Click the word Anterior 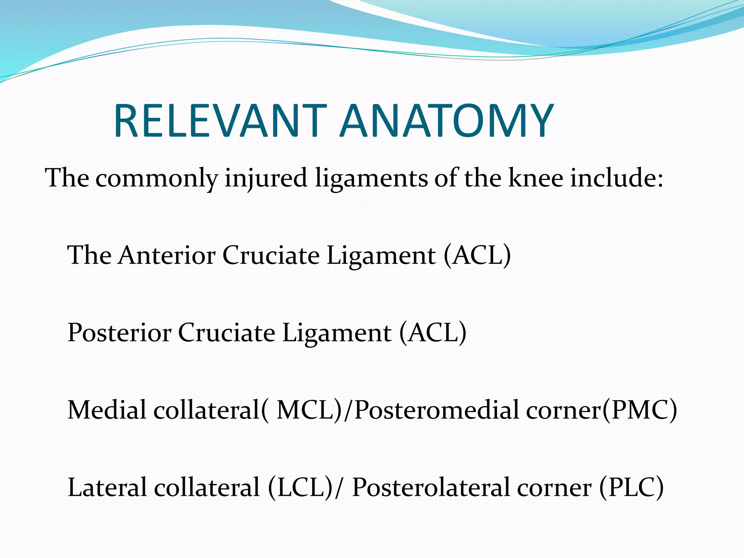pyautogui.click(x=167, y=255)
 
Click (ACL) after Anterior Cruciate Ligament pyautogui.click(x=477, y=255)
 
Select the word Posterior pyautogui.click(x=120, y=332)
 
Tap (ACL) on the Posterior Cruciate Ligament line pyautogui.click(x=433, y=333)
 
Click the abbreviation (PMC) pyautogui.click(x=639, y=410)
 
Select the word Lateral pyautogui.click(x=107, y=487)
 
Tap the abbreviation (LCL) pyautogui.click(x=301, y=488)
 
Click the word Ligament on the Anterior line pyautogui.click(x=381, y=255)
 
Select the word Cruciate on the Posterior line pyautogui.click(x=226, y=332)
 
